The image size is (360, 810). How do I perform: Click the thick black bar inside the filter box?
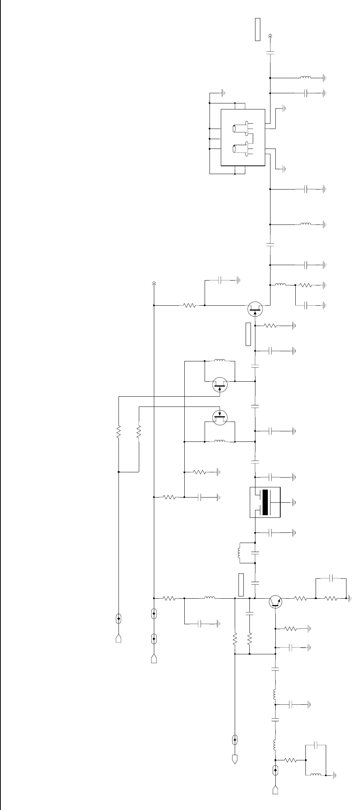coord(265,502)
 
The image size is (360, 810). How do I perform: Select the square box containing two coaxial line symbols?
coord(243,137)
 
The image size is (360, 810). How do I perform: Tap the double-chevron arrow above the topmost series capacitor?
coord(270,36)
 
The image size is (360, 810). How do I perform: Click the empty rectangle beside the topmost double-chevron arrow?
coord(258,29)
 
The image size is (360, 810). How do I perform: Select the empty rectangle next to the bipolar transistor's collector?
coord(241,585)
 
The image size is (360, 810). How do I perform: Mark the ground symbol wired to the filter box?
coord(295,502)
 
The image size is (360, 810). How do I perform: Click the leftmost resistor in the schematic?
coord(118,432)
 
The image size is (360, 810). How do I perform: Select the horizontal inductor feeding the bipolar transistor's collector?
coord(210,598)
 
